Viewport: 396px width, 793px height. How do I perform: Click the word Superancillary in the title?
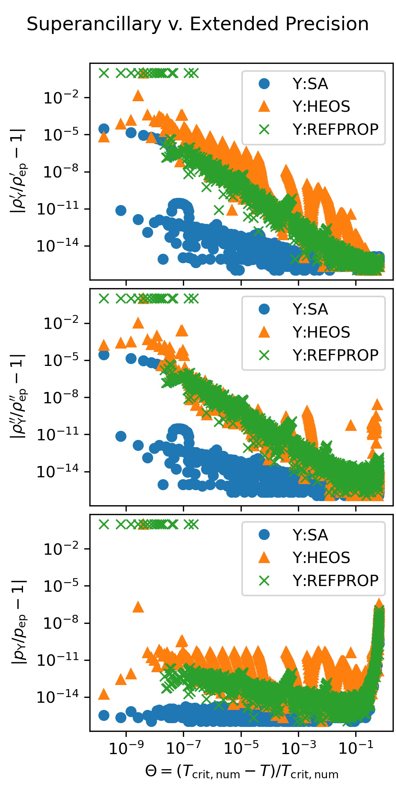click(x=94, y=25)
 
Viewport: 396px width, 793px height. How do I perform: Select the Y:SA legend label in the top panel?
click(x=310, y=84)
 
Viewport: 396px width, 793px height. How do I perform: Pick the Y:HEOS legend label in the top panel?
click(x=321, y=106)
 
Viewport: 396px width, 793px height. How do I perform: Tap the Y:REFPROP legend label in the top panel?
click(x=335, y=130)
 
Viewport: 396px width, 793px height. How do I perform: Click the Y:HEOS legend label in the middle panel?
click(x=321, y=332)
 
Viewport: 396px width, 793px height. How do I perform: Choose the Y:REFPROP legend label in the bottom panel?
click(x=335, y=581)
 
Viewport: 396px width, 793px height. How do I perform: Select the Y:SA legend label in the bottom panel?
click(x=310, y=535)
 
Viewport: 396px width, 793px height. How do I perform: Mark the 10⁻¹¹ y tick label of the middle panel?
click(x=58, y=435)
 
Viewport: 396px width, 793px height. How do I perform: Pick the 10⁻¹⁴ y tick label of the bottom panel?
click(x=58, y=697)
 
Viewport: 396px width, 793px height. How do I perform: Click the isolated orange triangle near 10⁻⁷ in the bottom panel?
click(x=138, y=607)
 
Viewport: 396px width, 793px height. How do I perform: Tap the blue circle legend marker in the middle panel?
click(x=264, y=310)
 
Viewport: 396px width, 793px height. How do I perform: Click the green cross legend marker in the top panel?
click(x=264, y=130)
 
